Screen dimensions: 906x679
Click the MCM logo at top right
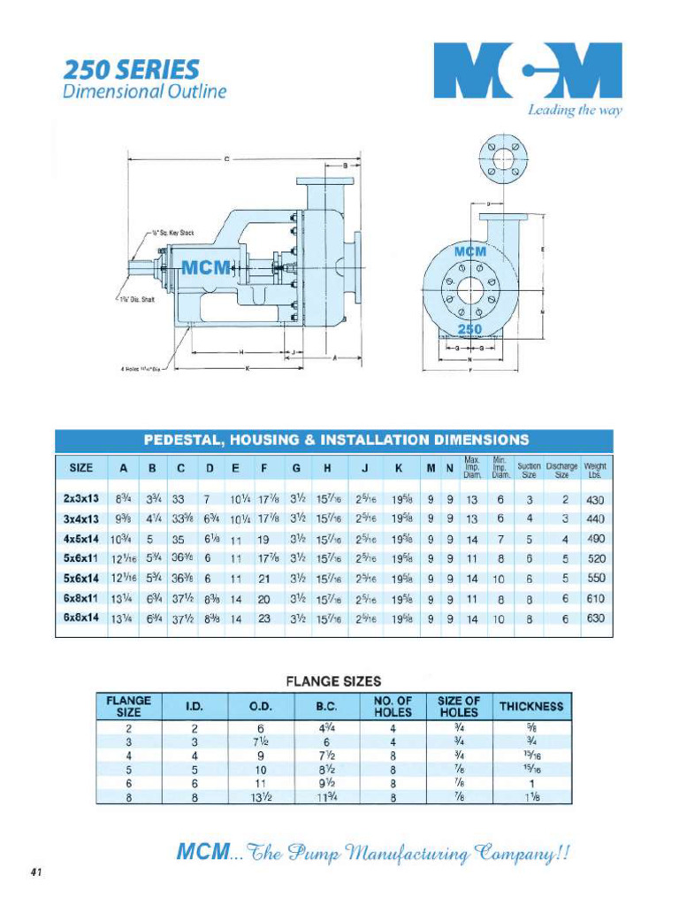click(527, 71)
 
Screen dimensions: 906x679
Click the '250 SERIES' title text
click(131, 69)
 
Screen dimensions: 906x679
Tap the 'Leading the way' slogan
click(575, 111)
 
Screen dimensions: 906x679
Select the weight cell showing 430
click(594, 499)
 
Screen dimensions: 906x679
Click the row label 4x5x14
click(80, 539)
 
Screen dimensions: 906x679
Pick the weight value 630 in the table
click(594, 618)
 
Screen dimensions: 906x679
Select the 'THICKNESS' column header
click(531, 706)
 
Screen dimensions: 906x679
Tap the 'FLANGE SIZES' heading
click(333, 681)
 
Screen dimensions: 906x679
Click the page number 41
click(36, 871)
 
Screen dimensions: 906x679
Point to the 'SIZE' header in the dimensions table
click(80, 467)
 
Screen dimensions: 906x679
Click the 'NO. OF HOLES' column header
click(393, 706)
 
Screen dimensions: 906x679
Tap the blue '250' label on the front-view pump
click(469, 329)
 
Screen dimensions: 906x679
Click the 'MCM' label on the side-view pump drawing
click(206, 267)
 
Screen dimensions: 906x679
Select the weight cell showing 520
click(594, 559)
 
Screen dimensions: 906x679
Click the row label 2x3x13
click(80, 499)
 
